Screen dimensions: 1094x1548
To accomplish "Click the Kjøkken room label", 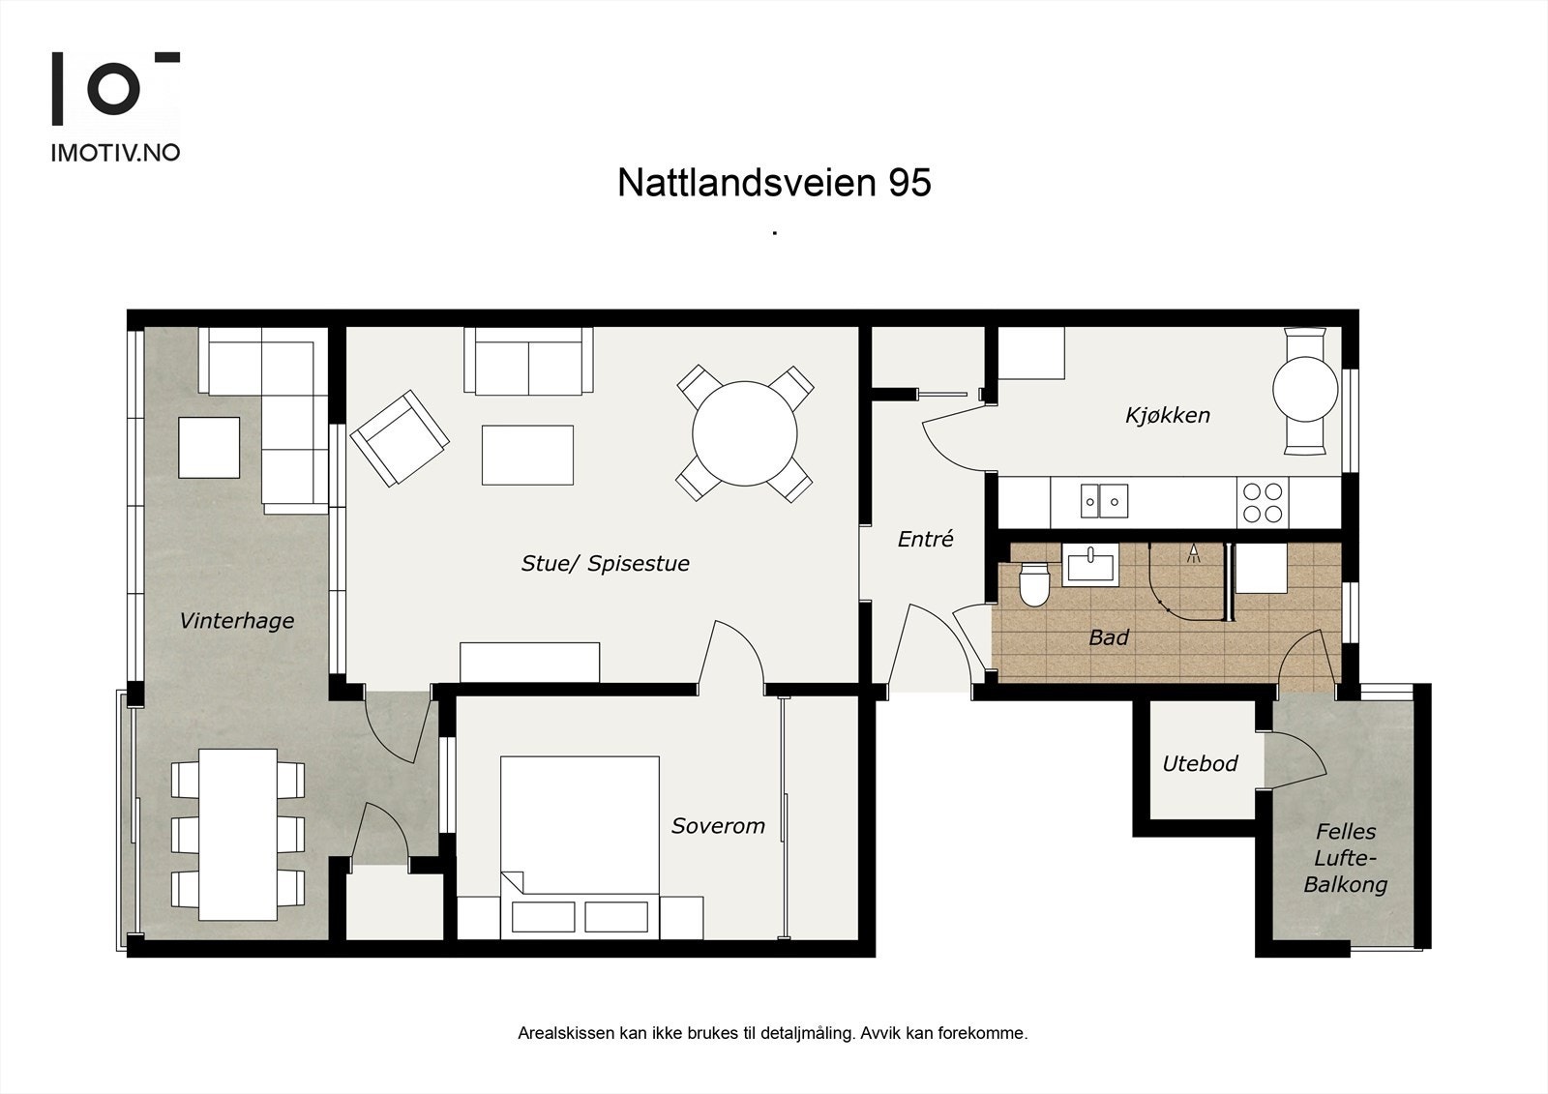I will click(x=1167, y=416).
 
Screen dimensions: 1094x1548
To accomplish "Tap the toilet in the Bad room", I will click(x=1033, y=583).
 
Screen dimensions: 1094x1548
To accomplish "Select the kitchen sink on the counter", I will click(x=1103, y=501).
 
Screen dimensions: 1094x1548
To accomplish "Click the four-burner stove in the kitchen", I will click(x=1262, y=502).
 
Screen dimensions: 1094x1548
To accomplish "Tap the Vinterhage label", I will click(x=236, y=621).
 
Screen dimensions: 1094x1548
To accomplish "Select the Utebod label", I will click(x=1200, y=764).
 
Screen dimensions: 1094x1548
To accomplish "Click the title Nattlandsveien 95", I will click(x=774, y=183).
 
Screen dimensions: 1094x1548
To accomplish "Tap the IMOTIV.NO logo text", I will click(x=115, y=153).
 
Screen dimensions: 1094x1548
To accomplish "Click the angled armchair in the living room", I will click(x=399, y=437).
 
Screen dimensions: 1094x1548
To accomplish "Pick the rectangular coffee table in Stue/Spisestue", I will click(x=527, y=455).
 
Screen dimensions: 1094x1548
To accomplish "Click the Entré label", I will click(x=925, y=540).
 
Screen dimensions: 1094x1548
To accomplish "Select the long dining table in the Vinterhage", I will click(x=238, y=834).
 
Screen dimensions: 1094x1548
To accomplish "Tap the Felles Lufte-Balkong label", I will click(x=1345, y=858).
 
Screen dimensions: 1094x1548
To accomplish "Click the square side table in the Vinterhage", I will click(x=209, y=447).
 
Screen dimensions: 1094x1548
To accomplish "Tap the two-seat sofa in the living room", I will click(x=528, y=361).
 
